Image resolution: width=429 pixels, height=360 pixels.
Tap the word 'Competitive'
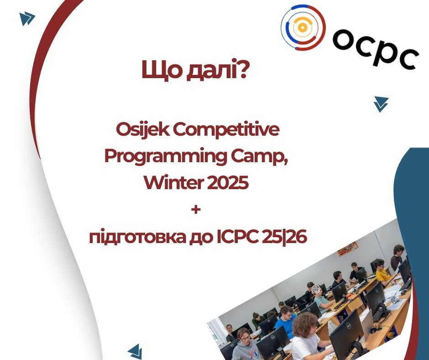[x=226, y=130]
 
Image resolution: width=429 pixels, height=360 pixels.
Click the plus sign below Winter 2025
[x=196, y=210]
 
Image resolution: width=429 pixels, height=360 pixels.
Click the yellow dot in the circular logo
[x=302, y=27]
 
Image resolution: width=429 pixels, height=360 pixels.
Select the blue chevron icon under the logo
[x=381, y=104]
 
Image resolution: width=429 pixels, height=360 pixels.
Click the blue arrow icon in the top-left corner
[x=27, y=19]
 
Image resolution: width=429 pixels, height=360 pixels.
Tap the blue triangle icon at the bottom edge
[x=136, y=352]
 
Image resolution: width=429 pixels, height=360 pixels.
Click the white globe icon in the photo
[x=316, y=289]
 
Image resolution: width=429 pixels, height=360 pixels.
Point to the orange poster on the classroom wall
[x=347, y=249]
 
